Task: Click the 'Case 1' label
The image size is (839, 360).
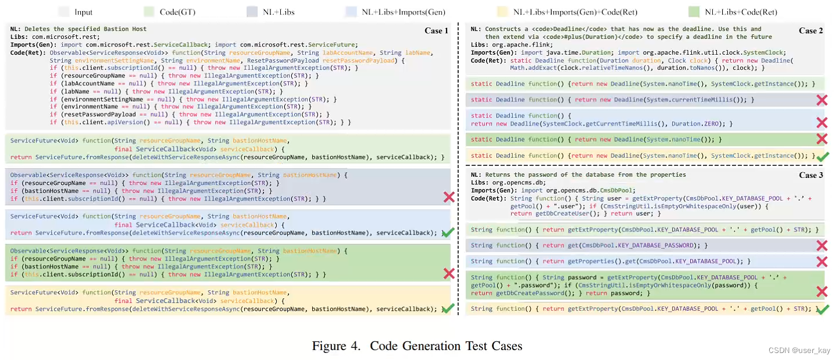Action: (x=436, y=31)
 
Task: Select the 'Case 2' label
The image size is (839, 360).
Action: (x=811, y=31)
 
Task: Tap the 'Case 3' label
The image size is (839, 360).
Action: (x=811, y=176)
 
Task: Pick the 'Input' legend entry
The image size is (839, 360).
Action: (x=83, y=12)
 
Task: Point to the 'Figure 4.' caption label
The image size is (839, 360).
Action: (x=337, y=346)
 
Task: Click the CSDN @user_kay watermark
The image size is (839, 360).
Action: (x=802, y=351)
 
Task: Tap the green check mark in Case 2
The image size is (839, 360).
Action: (x=822, y=156)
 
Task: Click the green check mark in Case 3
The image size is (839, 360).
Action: (x=822, y=309)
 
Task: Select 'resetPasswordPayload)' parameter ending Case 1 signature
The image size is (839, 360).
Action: (x=351, y=60)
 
